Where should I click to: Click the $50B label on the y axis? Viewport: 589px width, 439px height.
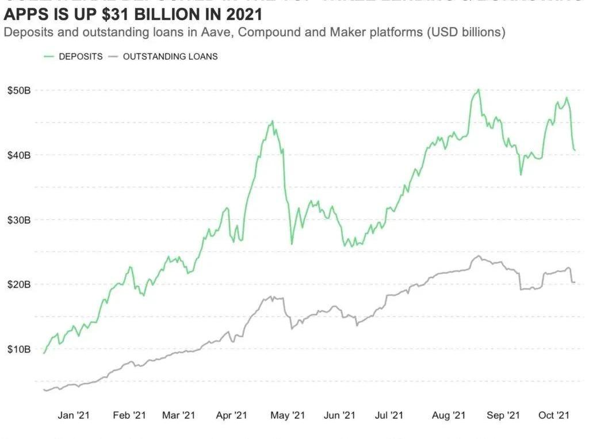pos(18,90)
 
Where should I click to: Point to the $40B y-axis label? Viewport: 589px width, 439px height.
pos(18,155)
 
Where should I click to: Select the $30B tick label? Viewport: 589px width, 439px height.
pos(18,220)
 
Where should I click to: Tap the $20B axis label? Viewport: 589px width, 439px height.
pos(18,284)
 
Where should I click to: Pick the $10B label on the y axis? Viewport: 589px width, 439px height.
pos(18,349)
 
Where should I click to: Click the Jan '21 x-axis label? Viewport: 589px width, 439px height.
pos(74,415)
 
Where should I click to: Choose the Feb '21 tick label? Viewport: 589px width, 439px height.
pos(129,415)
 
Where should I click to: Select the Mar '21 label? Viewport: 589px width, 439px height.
pos(179,415)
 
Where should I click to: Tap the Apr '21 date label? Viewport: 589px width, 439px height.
pos(232,415)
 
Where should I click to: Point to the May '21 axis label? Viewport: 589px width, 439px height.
pos(287,415)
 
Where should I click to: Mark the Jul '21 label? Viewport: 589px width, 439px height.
pos(393,415)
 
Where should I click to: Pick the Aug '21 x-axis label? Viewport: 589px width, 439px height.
pos(448,415)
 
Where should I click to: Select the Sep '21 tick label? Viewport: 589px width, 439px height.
pos(503,415)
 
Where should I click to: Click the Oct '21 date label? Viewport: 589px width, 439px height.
pos(554,415)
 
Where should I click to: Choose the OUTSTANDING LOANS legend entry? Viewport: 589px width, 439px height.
pos(170,56)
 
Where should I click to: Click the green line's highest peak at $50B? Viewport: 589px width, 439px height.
pos(479,90)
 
